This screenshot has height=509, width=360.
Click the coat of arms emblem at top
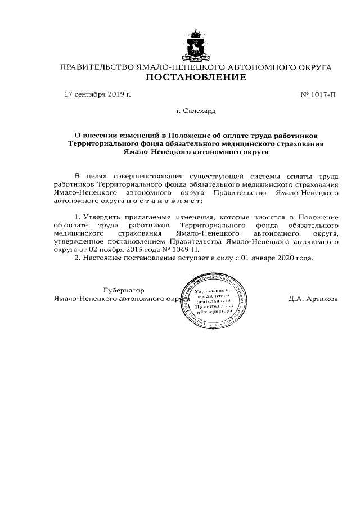click(196, 45)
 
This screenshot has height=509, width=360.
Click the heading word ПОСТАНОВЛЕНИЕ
click(196, 78)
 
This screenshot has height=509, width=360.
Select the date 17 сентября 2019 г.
click(98, 94)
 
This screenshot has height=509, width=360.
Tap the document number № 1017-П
click(319, 94)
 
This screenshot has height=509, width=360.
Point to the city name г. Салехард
click(196, 111)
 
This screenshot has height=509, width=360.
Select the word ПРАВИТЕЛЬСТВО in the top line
click(97, 67)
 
